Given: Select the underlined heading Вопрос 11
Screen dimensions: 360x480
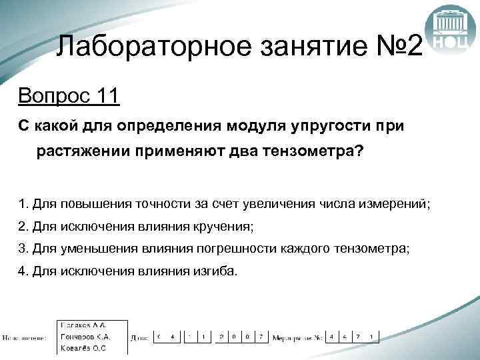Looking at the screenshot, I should click(x=69, y=96).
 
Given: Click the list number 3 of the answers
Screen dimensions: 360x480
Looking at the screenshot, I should click(x=23, y=249).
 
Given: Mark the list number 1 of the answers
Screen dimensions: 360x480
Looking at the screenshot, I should click(x=23, y=203).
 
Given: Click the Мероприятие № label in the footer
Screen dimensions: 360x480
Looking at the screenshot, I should click(x=297, y=337).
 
